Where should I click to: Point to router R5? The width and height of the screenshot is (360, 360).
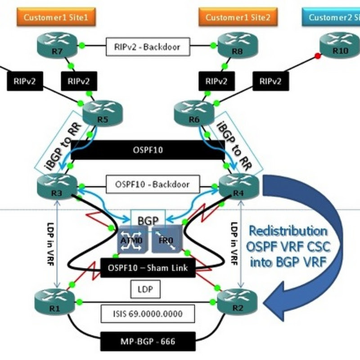click(x=102, y=114)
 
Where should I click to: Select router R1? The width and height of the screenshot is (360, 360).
click(x=56, y=300)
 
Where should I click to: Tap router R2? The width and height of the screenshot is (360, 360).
click(x=237, y=300)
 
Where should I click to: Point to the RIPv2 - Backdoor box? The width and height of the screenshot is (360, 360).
click(x=148, y=46)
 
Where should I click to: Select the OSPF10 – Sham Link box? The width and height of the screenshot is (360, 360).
click(x=148, y=268)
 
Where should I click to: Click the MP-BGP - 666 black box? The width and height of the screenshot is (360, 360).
click(x=148, y=342)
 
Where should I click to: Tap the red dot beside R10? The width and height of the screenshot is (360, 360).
click(x=318, y=56)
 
